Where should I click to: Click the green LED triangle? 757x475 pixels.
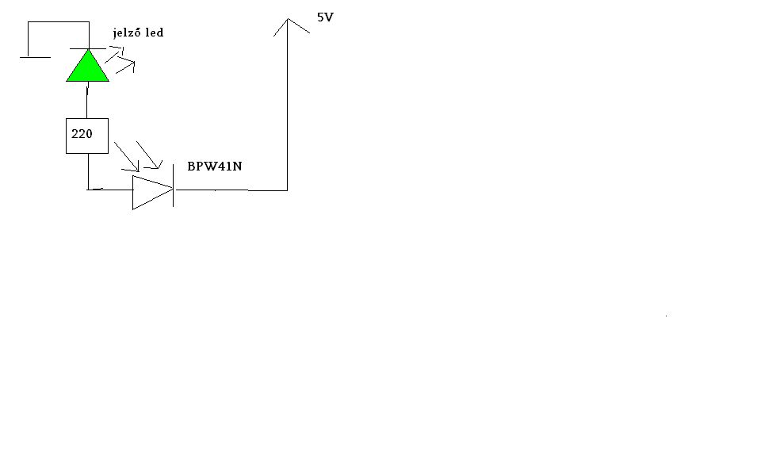pos(87,68)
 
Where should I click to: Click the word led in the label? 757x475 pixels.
pos(154,33)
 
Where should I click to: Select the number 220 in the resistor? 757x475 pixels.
pos(82,134)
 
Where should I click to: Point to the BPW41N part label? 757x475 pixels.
pos(214,167)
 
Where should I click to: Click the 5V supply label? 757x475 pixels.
pos(325,17)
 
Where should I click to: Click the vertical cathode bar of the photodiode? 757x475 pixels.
pos(174,190)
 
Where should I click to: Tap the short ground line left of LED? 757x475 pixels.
pos(35,57)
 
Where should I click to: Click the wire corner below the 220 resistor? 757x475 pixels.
pos(88,189)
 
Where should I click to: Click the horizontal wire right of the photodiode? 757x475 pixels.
pos(230,190)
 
